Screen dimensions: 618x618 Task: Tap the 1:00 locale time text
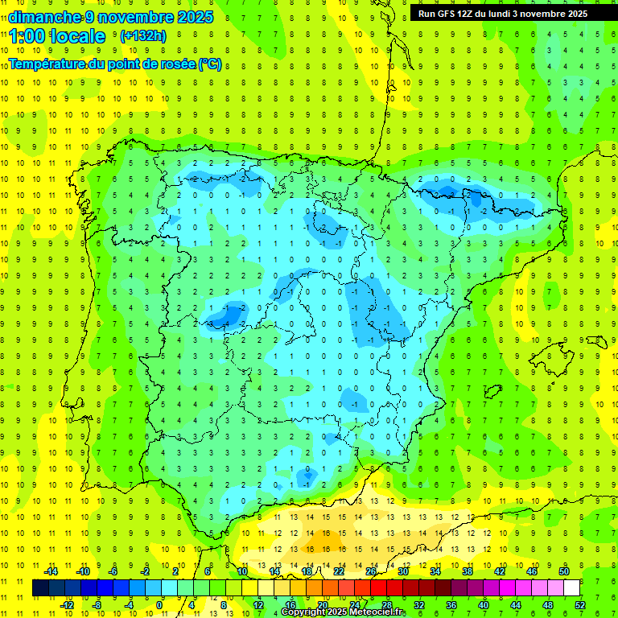57,36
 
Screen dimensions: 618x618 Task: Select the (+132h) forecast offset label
142,36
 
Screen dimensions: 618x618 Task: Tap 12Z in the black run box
472,14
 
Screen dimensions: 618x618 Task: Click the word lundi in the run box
513,14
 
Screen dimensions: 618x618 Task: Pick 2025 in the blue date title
196,17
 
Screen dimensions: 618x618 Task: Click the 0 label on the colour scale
160,604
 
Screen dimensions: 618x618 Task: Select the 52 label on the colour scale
580,604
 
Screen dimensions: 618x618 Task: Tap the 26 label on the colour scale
371,571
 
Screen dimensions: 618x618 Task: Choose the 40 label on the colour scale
484,604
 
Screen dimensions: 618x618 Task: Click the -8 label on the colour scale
97,604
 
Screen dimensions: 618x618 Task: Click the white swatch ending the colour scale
571,587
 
